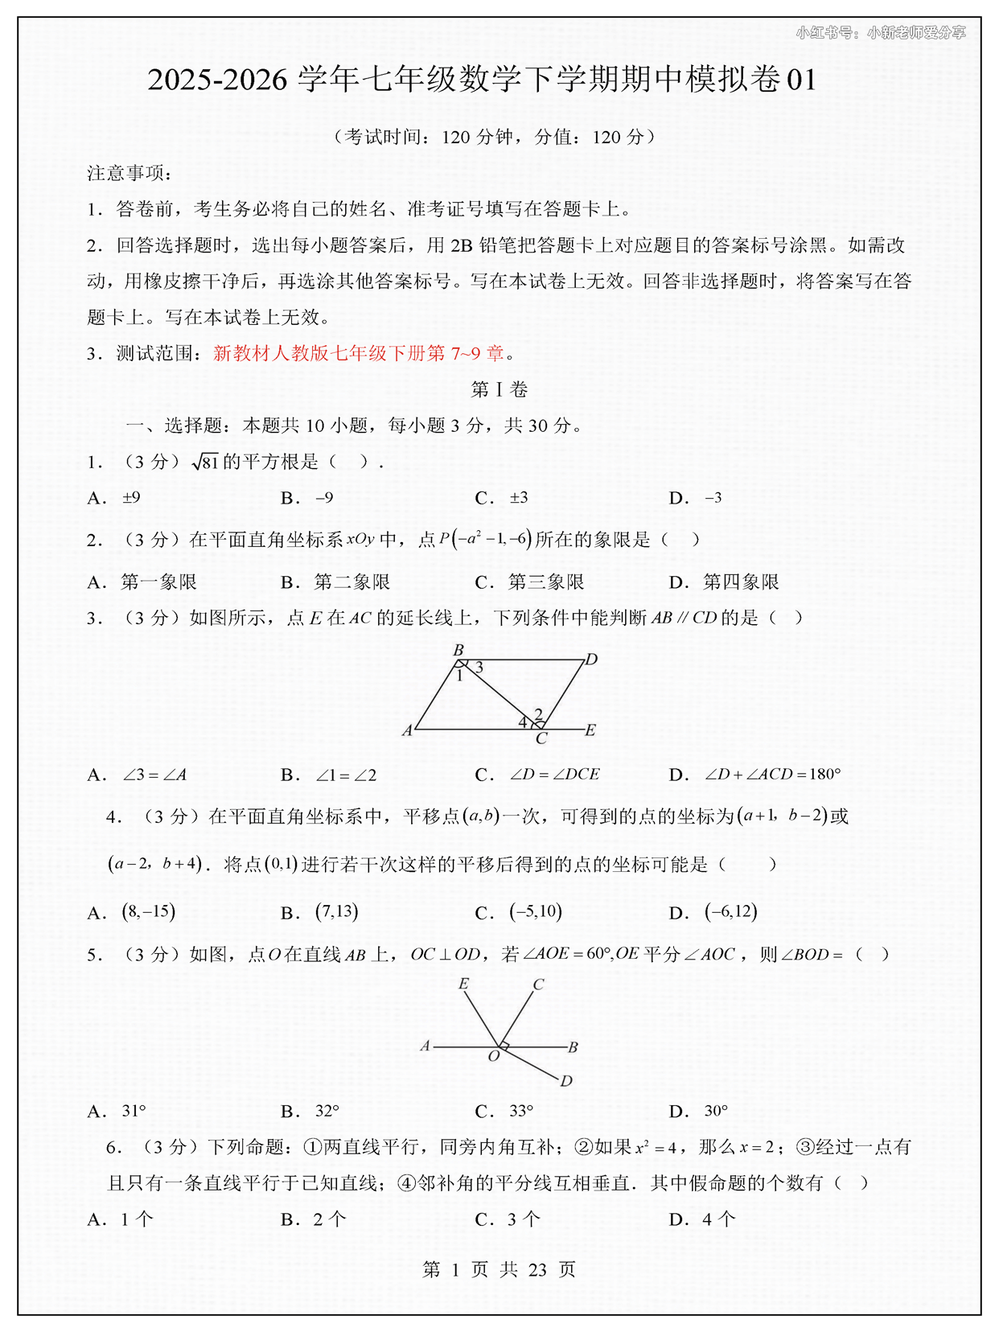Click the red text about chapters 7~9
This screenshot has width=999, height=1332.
[359, 353]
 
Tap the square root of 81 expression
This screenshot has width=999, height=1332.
[205, 462]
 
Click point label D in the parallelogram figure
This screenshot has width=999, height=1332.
[592, 660]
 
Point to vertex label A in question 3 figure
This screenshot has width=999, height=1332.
[407, 730]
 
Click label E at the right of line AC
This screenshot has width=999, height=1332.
[590, 730]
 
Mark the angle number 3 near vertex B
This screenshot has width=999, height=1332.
[479, 668]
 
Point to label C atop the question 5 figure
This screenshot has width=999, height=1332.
[539, 984]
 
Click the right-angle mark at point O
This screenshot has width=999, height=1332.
[504, 1046]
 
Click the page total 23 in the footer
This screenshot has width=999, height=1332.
[537, 1269]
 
